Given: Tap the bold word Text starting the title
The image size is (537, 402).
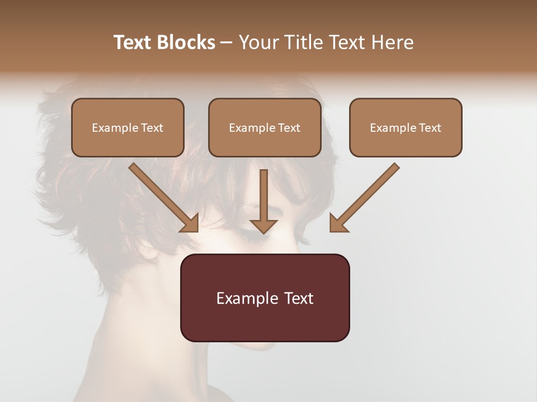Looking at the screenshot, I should click(x=133, y=42).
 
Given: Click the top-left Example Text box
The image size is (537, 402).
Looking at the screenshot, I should click(x=128, y=128).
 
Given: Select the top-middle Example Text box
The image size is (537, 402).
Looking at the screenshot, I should click(x=265, y=128).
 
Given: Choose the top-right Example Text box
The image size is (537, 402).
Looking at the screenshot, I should click(x=406, y=128).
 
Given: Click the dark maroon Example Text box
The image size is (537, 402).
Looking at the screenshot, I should click(x=265, y=298).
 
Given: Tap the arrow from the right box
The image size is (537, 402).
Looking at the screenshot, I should click(x=366, y=195).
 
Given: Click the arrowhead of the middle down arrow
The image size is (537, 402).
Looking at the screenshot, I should click(x=263, y=226).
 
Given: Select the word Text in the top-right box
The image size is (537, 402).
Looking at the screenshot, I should click(x=430, y=128).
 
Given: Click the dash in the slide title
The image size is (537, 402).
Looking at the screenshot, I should click(x=227, y=42).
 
